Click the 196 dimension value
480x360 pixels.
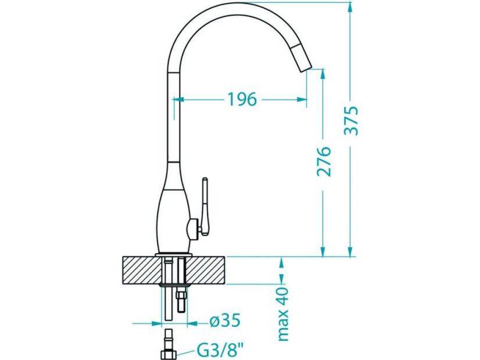tap(242, 99)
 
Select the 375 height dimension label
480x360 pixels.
tap(351, 121)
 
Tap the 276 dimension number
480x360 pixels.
tap(324, 161)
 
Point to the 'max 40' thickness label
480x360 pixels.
tap(283, 314)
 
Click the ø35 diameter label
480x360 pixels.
tap(225, 321)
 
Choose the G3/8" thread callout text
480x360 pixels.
tap(220, 351)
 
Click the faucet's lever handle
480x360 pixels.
tap(205, 207)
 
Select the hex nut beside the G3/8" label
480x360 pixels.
tap(169, 355)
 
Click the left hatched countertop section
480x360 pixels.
tap(142, 271)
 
